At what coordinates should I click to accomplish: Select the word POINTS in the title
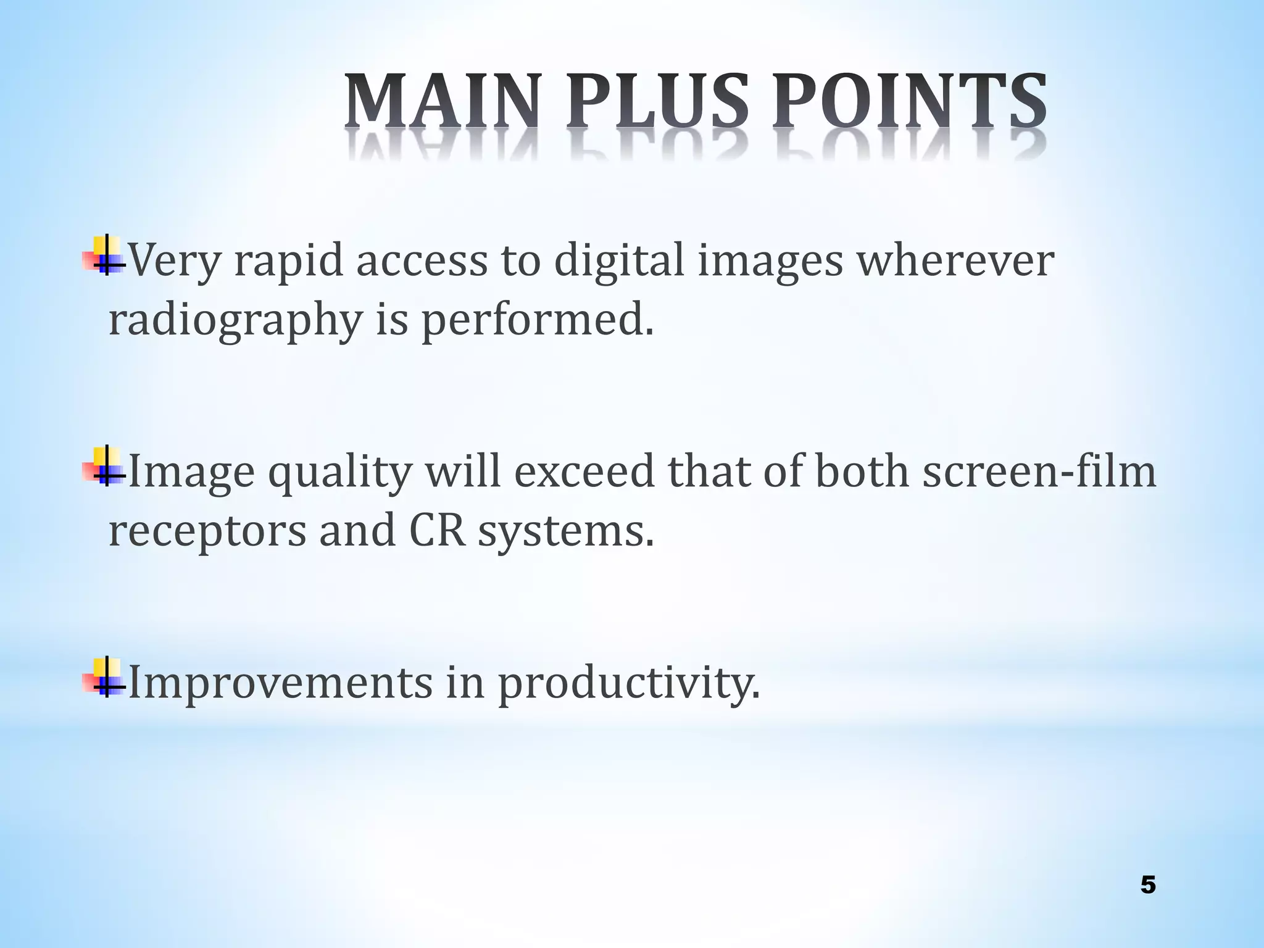coord(908,102)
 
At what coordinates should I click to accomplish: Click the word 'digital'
coord(619,260)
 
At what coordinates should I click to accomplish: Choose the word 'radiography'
coord(235,321)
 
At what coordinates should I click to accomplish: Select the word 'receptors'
coord(207,532)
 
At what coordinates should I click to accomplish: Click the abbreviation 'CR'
coord(436,531)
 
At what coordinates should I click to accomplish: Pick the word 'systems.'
coord(565,532)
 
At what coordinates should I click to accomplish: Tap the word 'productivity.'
coord(629,683)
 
